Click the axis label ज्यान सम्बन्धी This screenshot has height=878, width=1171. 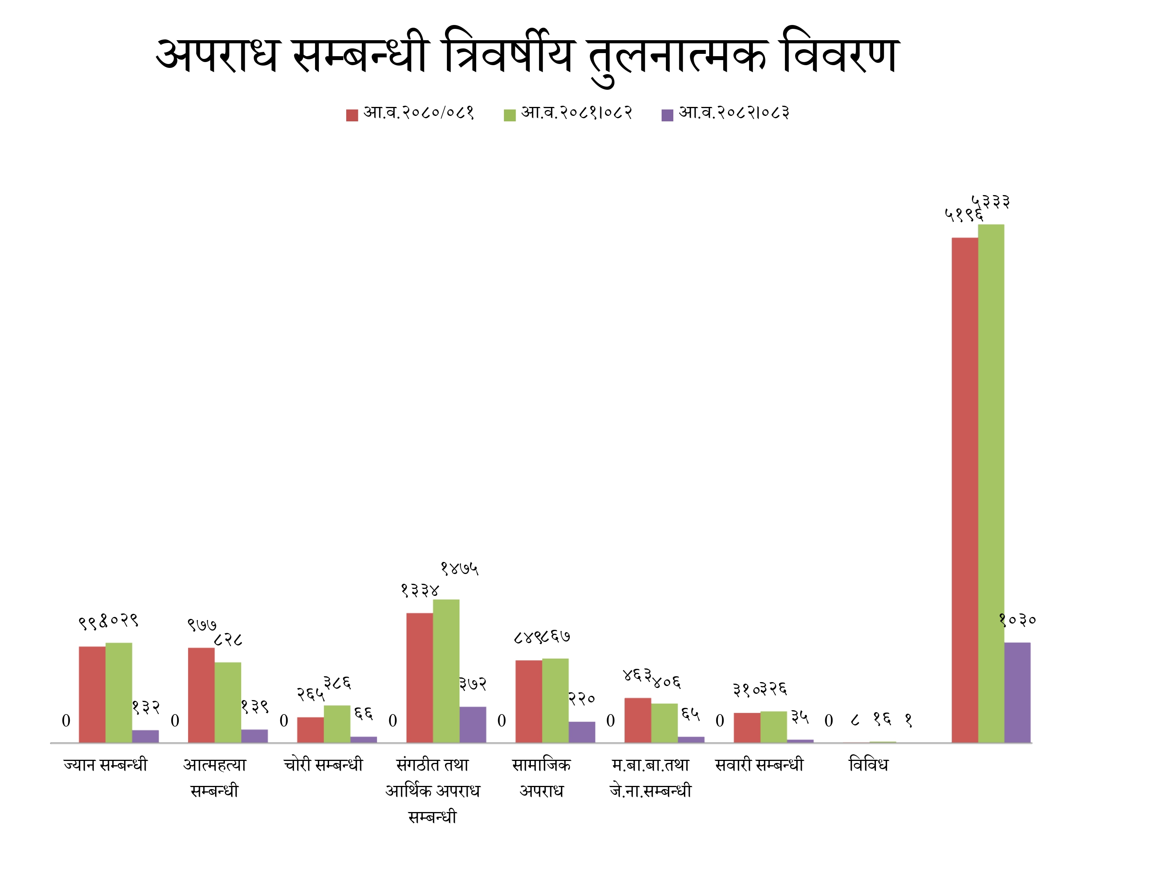pos(105,765)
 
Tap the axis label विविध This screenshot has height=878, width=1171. pos(868,765)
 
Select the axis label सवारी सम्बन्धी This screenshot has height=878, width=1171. pos(759,765)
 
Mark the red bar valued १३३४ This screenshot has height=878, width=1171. pos(419,677)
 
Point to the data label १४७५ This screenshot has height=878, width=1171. pos(459,569)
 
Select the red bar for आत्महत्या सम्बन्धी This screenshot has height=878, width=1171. pos(201,695)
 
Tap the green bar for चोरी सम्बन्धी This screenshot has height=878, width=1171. pos(337,723)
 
